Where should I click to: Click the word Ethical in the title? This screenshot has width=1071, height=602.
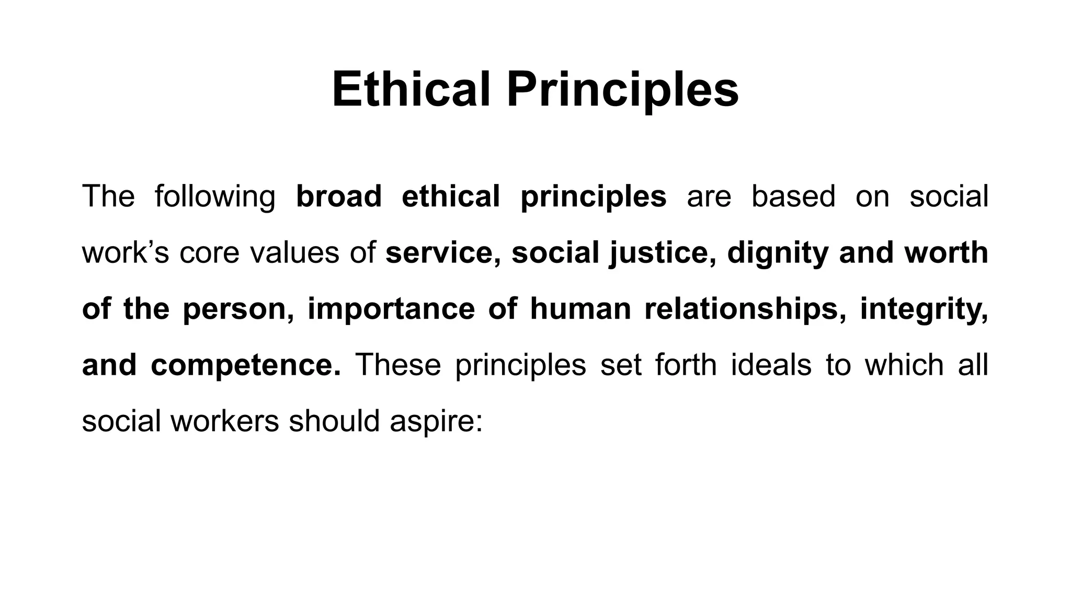coord(411,89)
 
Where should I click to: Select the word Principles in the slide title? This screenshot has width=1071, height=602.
coord(622,90)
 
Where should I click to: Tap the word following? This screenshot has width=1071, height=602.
coord(215,197)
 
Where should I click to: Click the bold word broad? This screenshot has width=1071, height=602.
coord(339,196)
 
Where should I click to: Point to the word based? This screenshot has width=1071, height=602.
coord(793,196)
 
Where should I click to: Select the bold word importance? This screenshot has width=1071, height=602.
coord(391,309)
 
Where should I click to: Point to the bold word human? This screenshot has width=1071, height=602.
coord(580,309)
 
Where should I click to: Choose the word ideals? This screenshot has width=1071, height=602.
coord(771,365)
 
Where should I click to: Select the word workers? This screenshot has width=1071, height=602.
coord(225,421)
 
